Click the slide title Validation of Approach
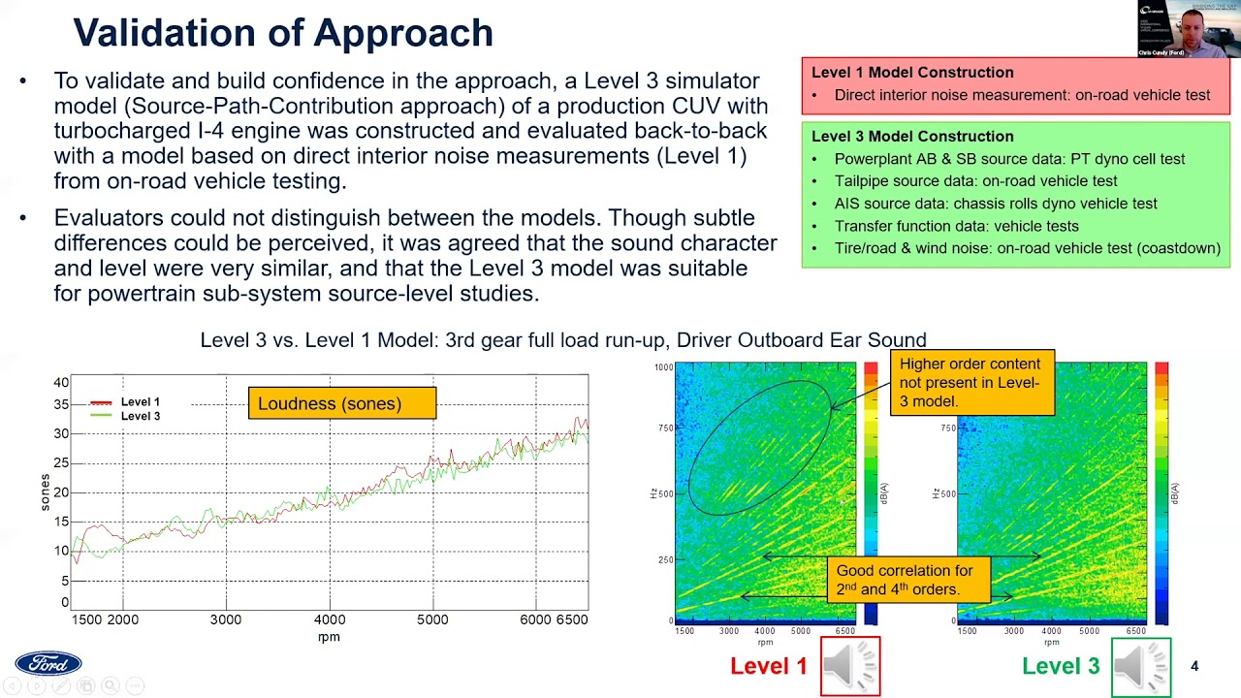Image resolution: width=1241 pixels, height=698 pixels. coord(283,33)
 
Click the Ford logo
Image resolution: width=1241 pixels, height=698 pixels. coord(48,663)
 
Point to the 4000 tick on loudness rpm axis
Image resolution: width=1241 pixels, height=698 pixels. coord(330,619)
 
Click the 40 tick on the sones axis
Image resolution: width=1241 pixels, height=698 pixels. coord(61,383)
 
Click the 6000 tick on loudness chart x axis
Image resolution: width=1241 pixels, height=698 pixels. coord(535,619)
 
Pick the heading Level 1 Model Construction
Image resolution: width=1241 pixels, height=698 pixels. coord(912,73)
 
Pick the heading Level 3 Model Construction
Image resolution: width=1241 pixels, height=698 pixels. coord(912,137)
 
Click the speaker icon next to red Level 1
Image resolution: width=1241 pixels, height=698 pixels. coord(850,666)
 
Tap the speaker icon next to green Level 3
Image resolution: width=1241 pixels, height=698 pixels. coord(1141,666)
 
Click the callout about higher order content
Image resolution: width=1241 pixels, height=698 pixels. coord(971,383)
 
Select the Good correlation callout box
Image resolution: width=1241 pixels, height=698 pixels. coord(905,580)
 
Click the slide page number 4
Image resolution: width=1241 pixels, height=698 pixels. coord(1194,666)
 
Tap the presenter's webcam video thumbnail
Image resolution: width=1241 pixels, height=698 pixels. coord(1189,29)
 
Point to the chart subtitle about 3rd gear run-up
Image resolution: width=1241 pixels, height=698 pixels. coord(563,340)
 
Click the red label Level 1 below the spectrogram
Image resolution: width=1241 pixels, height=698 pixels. coord(768,666)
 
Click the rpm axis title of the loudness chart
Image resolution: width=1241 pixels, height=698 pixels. coord(329,637)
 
